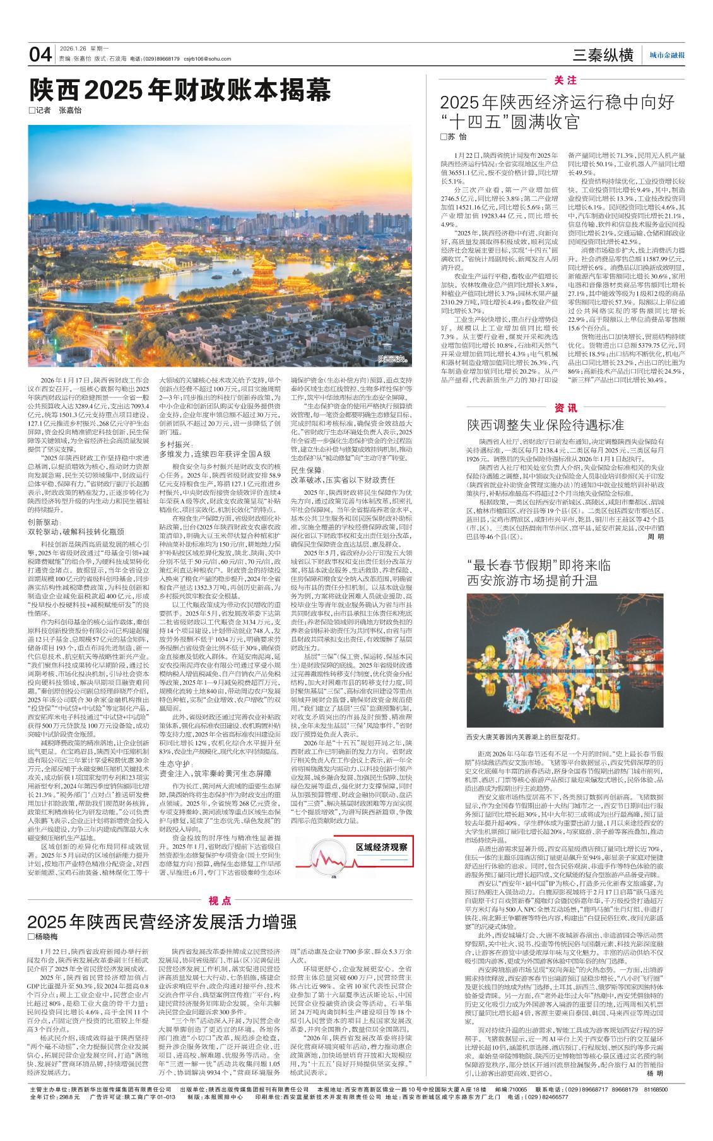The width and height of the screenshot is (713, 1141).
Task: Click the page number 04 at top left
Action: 40,55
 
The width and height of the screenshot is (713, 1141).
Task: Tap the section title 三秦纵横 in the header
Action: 603,56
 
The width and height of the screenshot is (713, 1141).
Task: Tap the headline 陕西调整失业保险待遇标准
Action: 545,424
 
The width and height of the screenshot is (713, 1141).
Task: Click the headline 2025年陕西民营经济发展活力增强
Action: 162,922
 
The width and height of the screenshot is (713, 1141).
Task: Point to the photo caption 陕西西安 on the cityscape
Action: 393,358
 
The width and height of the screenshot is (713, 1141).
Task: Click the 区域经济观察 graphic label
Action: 382,846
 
